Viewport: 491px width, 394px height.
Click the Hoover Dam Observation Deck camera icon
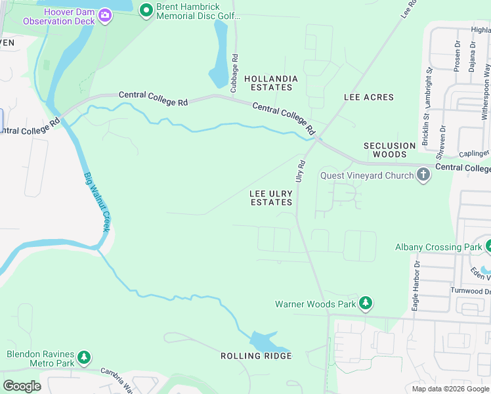pyautogui.click(x=104, y=14)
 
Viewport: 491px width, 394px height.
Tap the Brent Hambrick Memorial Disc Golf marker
pyautogui.click(x=146, y=9)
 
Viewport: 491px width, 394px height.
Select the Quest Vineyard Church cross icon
pyautogui.click(x=423, y=175)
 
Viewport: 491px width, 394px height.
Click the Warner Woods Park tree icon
pyautogui.click(x=366, y=303)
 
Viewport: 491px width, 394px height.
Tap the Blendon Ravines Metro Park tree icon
pyautogui.click(x=83, y=358)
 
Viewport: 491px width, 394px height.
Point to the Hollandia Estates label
pyautogui.click(x=271, y=83)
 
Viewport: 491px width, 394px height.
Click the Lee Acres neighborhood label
pyautogui.click(x=369, y=97)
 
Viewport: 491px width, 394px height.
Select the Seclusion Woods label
pyautogui.click(x=390, y=150)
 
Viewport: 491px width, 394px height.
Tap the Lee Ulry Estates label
pyautogui.click(x=271, y=198)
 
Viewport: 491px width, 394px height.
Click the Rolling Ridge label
pyautogui.click(x=256, y=356)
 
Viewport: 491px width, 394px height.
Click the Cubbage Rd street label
pyautogui.click(x=234, y=72)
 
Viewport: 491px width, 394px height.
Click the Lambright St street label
pyautogui.click(x=428, y=87)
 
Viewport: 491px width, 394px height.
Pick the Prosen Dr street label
pyautogui.click(x=457, y=56)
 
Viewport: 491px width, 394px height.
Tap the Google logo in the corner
pyautogui.click(x=22, y=386)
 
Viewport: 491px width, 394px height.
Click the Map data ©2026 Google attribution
pyautogui.click(x=450, y=389)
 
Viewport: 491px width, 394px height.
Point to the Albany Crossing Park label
pyautogui.click(x=438, y=248)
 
